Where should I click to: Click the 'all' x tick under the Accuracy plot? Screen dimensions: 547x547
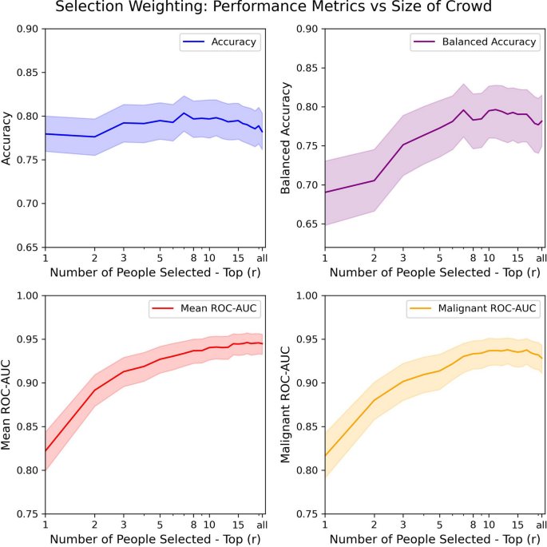point(260,259)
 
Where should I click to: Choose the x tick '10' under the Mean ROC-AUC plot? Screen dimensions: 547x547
point(209,525)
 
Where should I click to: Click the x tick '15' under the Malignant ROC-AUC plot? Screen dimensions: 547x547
point(517,525)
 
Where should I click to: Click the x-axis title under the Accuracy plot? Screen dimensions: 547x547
point(154,273)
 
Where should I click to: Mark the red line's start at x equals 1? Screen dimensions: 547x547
point(46,450)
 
